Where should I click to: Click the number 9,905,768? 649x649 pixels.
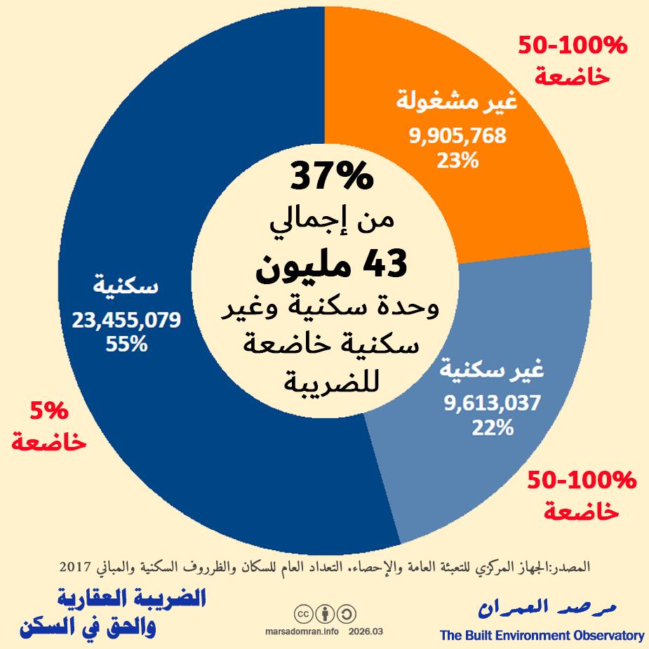tap(457, 136)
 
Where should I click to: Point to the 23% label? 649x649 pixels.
tap(457, 161)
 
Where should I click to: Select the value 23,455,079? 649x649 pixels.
tap(126, 321)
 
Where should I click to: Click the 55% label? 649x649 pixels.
tap(126, 344)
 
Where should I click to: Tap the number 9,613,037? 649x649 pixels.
tap(493, 403)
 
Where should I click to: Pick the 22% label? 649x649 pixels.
tap(493, 427)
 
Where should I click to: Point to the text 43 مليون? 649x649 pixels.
tap(330, 265)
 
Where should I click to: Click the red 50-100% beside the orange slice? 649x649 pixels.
tap(572, 46)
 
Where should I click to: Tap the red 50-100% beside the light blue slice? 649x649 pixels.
tap(582, 481)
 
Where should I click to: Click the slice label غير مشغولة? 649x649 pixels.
tap(457, 102)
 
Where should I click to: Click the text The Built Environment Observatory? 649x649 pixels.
tap(542, 636)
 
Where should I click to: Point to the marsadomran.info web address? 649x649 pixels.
tap(302, 631)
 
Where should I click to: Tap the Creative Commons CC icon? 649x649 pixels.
tap(304, 614)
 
